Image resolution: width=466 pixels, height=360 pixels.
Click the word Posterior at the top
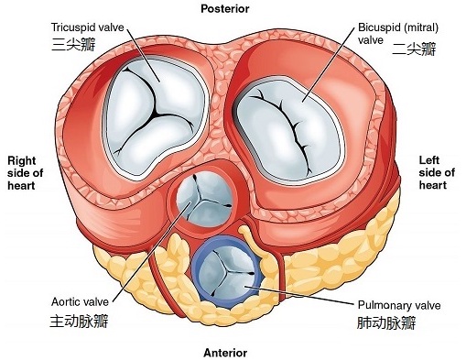click(x=224, y=9)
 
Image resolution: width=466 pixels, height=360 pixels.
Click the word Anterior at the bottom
click(x=225, y=353)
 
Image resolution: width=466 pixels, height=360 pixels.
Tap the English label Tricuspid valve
click(x=88, y=27)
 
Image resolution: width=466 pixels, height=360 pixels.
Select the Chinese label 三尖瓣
click(x=73, y=44)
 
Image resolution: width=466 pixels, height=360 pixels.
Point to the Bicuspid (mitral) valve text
click(x=398, y=34)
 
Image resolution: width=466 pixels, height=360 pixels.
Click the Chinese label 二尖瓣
click(x=414, y=49)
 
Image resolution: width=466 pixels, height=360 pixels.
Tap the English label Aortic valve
click(x=80, y=302)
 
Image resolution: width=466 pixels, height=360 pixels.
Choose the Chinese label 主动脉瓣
click(x=79, y=322)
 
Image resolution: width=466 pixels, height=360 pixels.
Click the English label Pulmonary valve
click(x=399, y=305)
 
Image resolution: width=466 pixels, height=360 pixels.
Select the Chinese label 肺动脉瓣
click(x=386, y=323)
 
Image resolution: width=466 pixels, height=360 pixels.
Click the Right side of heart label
click(x=25, y=173)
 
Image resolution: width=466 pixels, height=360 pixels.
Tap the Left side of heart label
click(x=437, y=172)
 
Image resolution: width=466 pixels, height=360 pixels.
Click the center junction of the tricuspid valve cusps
click(x=156, y=114)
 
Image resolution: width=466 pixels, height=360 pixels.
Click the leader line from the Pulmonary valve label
click(x=301, y=295)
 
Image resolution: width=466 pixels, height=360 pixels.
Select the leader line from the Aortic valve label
click(x=151, y=251)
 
